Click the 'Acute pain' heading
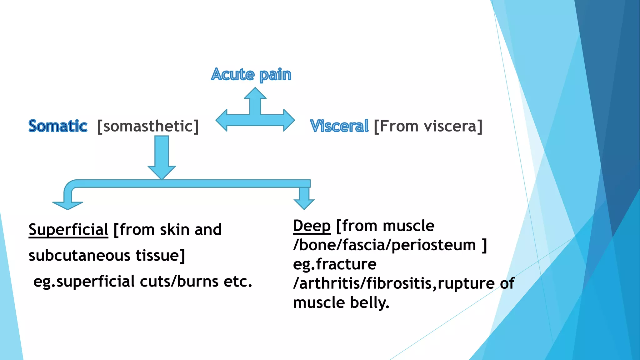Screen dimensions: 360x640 coord(251,75)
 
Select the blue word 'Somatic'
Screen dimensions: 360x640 coord(58,126)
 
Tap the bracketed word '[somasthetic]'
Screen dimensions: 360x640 coord(148,126)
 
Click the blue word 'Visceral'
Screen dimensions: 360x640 coord(339,126)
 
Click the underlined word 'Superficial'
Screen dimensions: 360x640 coord(68,230)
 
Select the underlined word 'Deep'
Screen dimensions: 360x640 coord(312,226)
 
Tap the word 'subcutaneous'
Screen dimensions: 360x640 coord(79,255)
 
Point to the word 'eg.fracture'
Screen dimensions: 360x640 coord(335,264)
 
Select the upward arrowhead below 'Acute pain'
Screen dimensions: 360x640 coord(255,93)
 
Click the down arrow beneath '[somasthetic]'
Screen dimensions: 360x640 coord(162,158)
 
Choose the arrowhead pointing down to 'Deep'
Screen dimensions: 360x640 coord(304,203)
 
